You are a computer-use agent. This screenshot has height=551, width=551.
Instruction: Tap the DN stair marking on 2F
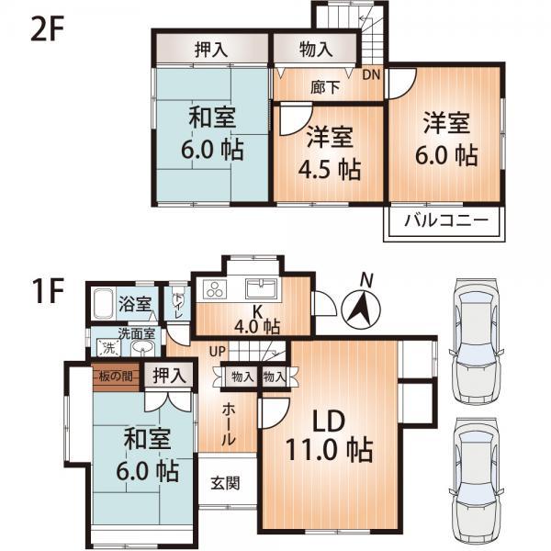click(373, 74)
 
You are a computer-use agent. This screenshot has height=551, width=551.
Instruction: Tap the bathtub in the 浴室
click(104, 303)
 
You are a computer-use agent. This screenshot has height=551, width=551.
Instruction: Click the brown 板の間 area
click(118, 375)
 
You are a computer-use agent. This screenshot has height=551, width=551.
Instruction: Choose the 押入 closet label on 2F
click(211, 48)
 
